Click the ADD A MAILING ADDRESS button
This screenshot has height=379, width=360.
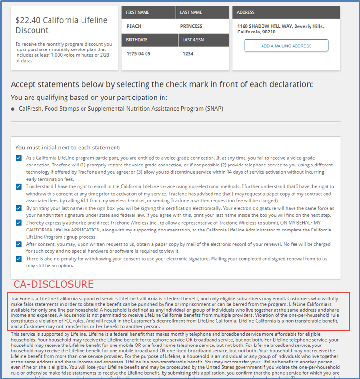[286, 46]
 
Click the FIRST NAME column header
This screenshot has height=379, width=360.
[138, 13]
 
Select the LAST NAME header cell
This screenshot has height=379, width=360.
[191, 13]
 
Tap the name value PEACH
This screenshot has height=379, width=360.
[134, 26]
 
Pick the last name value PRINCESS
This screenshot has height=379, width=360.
[191, 26]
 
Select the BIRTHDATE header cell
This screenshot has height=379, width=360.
[136, 40]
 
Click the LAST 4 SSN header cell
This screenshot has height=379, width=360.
[193, 40]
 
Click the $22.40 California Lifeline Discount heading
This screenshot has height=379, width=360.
[62, 25]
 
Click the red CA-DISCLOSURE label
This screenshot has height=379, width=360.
[53, 284]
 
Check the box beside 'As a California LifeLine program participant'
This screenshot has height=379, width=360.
[18, 158]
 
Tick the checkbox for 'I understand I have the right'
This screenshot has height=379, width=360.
[18, 187]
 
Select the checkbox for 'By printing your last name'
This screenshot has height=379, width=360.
[18, 208]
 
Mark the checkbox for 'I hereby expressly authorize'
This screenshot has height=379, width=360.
[18, 223]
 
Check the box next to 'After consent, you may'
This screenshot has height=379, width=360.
[18, 245]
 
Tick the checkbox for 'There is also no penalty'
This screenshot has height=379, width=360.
[18, 259]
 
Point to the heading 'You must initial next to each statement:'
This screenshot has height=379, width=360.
[68, 147]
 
